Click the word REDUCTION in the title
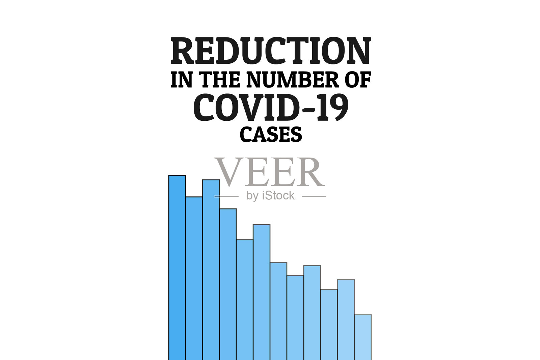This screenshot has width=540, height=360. tap(271, 51)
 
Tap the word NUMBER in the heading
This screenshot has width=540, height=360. tap(293, 80)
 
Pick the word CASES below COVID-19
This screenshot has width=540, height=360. tap(271, 134)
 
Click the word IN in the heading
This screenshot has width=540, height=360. tap(182, 80)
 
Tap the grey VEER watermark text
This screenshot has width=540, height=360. tap(269, 172)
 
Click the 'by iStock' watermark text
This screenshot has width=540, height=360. tap(270, 196)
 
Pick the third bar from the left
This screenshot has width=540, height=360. tap(211, 270)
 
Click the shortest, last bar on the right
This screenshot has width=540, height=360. tap(363, 337)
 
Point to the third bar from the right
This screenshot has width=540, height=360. tap(329, 324)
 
